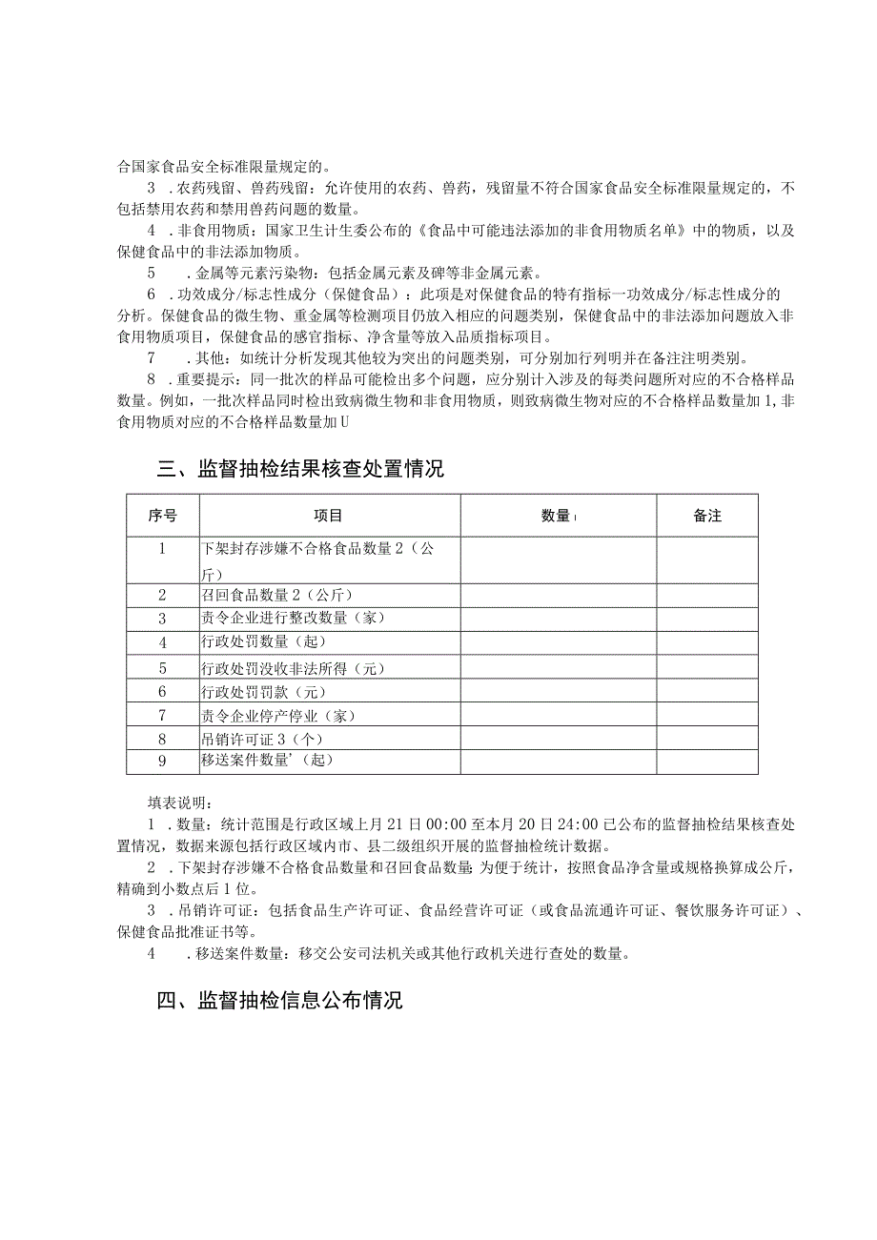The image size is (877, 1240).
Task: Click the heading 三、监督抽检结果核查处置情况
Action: click(299, 470)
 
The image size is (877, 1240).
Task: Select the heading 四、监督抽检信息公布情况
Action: click(279, 1001)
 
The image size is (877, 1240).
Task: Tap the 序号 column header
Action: click(162, 516)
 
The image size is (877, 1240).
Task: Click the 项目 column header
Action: click(329, 516)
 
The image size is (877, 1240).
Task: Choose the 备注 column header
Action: click(707, 516)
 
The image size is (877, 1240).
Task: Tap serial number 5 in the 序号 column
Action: click(162, 667)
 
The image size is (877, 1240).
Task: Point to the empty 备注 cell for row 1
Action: click(707, 559)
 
